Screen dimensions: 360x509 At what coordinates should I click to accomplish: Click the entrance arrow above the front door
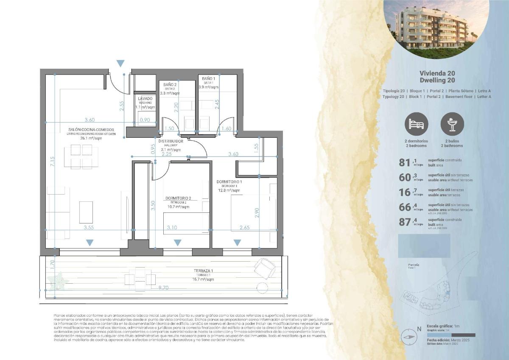tap(120, 63)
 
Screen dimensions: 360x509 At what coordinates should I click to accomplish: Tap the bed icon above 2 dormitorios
tap(417, 124)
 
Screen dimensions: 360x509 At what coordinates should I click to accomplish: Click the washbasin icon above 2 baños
tap(453, 124)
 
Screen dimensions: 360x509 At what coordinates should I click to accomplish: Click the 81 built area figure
tap(405, 162)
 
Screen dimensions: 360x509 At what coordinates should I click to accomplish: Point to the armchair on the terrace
tap(264, 268)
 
